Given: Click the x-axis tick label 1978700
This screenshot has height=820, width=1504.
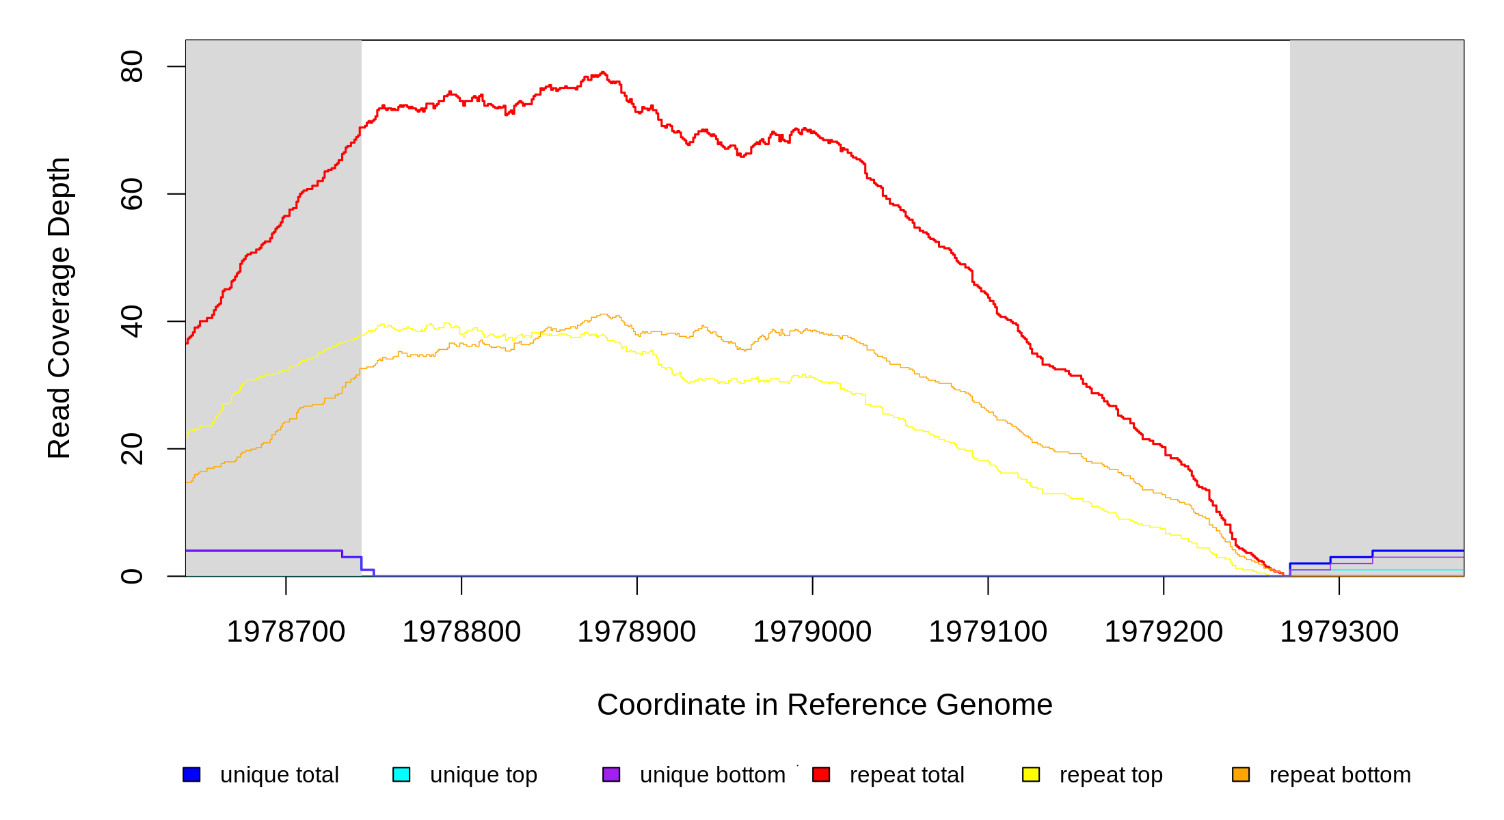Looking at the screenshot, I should pos(286,632).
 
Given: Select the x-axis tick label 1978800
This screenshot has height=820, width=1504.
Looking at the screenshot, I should pos(461,632).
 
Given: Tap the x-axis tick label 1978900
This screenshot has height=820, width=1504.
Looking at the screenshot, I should pos(636,632).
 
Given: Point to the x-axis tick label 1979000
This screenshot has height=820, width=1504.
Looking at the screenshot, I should pos(812,632).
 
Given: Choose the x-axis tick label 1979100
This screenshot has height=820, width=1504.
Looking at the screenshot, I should pos(988,632).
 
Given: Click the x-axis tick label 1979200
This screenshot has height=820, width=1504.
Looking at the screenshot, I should pos(1164,632).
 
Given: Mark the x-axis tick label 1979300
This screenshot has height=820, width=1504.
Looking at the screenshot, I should pos(1339,632).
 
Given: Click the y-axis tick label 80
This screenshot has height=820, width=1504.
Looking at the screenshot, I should pos(132,66).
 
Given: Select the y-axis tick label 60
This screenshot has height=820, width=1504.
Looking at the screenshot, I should pos(132,194).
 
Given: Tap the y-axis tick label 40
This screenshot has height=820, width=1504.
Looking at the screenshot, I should pos(132,321).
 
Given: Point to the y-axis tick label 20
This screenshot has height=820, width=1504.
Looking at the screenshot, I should pos(132,449).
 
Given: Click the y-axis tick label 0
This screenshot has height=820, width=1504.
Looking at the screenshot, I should pos(132,576).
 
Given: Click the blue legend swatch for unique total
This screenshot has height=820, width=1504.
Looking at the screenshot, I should pos(191,774).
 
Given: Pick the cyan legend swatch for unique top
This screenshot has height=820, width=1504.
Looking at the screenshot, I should pos(401,774).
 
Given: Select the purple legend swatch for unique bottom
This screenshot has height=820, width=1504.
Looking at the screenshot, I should pos(611,774).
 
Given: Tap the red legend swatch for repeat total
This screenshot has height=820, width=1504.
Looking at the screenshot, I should pos(821,774).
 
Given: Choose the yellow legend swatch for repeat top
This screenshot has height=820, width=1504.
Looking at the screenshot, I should pos(1031,774).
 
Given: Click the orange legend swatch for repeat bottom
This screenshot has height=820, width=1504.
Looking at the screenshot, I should pos(1241,774).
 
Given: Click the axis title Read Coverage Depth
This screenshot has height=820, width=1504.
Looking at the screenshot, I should pos(59,307).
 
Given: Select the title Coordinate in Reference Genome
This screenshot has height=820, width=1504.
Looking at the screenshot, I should pos(824,705).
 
